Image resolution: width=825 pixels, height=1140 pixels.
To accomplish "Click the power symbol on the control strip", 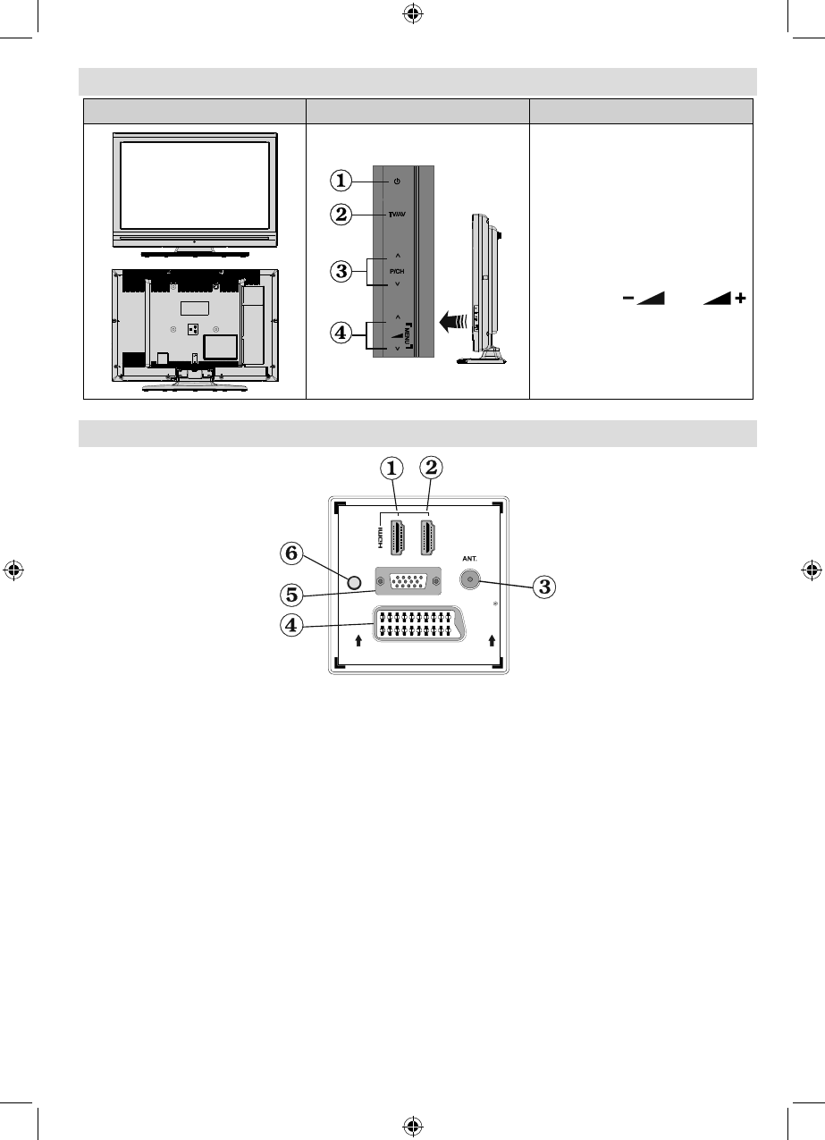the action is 396,182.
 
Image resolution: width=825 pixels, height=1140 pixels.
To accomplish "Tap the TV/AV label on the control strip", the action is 396,215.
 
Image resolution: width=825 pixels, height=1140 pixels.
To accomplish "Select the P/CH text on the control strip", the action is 396,269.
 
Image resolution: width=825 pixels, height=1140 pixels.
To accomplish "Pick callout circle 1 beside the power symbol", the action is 341,181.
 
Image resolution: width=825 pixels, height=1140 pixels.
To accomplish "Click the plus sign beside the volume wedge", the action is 739,304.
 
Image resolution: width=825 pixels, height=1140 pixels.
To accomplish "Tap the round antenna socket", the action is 467,579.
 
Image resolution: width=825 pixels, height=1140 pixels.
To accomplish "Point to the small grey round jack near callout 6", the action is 354,583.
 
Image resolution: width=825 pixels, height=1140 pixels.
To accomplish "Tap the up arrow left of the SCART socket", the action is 358,640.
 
